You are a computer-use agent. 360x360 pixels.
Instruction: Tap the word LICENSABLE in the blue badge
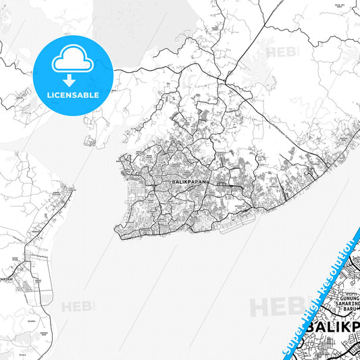72,95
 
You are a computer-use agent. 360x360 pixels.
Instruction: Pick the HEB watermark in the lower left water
76,307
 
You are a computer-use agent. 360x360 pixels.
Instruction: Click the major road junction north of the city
217,80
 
